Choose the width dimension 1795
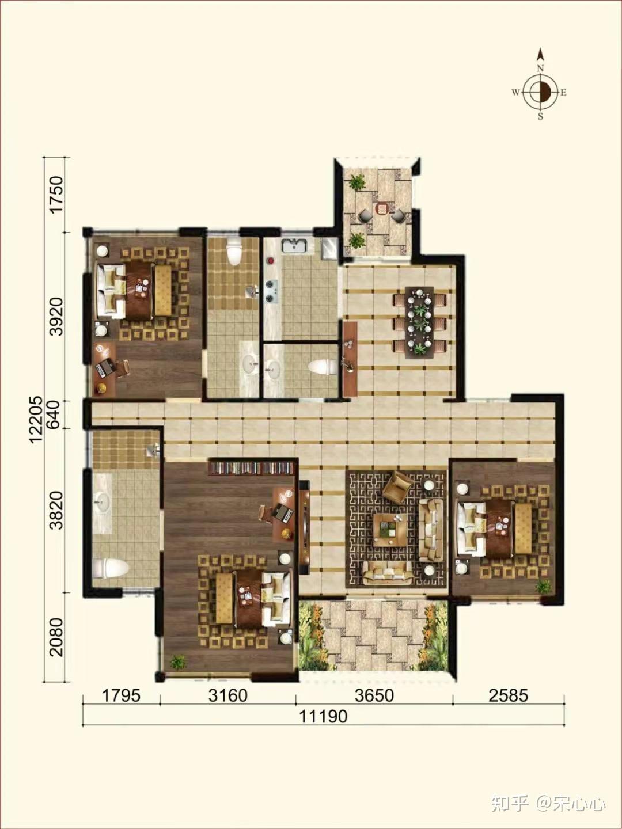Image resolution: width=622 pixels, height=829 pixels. click(122, 695)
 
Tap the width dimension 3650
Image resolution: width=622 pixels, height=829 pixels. click(374, 695)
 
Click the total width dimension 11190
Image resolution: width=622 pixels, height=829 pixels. click(323, 716)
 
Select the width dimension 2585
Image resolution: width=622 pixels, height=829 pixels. click(509, 695)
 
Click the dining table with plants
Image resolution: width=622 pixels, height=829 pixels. click(420, 322)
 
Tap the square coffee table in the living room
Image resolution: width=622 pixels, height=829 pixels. click(390, 529)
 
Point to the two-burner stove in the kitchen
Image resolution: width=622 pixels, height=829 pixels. click(271, 291)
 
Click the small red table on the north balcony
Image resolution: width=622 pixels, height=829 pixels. click(382, 208)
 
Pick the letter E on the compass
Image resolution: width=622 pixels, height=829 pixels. click(563, 92)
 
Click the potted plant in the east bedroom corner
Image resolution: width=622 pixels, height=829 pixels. click(544, 587)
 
